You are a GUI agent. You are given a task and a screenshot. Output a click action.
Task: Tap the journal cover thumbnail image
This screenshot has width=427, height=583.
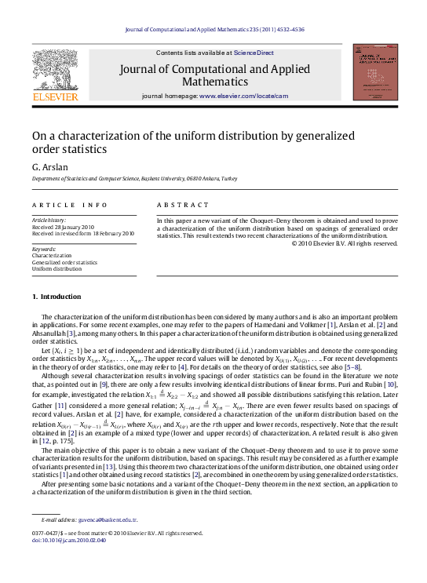(371, 72)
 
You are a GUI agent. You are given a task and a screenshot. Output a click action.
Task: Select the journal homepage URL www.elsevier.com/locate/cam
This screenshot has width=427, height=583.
(244, 96)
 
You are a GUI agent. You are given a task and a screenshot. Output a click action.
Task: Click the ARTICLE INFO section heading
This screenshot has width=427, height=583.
(70, 205)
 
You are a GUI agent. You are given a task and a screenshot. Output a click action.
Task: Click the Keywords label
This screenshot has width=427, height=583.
(46, 249)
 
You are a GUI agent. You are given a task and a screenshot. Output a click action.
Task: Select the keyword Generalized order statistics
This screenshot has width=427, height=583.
(65, 262)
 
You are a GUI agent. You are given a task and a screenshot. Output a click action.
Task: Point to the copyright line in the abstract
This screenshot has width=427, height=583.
(345, 243)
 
